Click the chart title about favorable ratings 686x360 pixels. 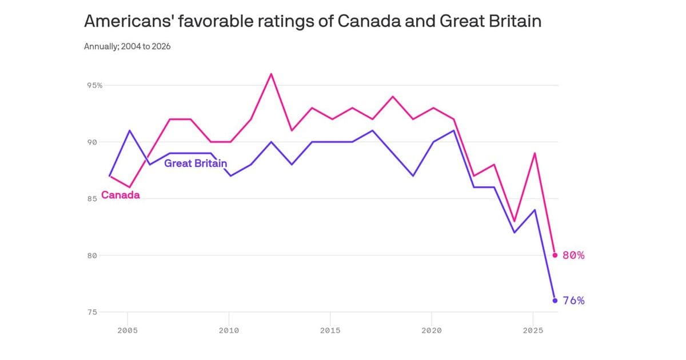coord(312,21)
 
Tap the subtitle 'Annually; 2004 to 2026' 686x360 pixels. coord(127,46)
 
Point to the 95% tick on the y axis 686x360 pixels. coord(95,85)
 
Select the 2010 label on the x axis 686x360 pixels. coord(229,330)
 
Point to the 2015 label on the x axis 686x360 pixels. coord(330,330)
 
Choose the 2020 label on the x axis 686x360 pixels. coord(432,330)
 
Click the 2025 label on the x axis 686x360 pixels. coord(533,330)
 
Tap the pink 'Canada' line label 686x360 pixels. coord(121,195)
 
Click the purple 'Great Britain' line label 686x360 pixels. coord(196,163)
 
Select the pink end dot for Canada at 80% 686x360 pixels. coord(555,255)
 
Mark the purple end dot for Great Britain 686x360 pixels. coord(555,301)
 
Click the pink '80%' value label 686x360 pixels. coord(573,255)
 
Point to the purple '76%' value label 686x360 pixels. coord(573,301)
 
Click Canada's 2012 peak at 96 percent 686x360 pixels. coord(271,74)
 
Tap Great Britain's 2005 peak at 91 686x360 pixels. coord(129,130)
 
